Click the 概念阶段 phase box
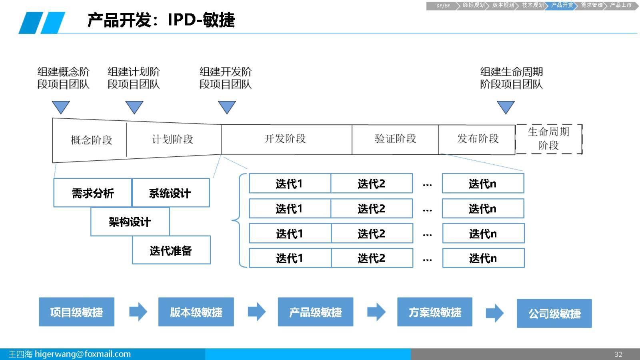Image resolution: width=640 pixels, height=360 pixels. click(x=91, y=140)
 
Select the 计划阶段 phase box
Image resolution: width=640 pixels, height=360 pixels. click(x=173, y=139)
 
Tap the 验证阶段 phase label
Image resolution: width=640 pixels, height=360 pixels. click(x=395, y=139)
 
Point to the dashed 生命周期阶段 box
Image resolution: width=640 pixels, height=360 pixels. click(x=548, y=139)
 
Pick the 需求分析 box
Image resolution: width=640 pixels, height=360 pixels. click(x=92, y=193)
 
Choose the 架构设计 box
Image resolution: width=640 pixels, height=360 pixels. click(x=130, y=222)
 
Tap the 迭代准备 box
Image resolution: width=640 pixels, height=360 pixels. click(x=171, y=250)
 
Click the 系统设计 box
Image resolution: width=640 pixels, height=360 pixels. click(x=170, y=193)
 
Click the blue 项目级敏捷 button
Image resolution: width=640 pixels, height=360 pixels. click(x=76, y=312)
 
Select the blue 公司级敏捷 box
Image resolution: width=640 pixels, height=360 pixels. click(x=554, y=314)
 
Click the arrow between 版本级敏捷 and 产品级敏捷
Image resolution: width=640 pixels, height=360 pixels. click(x=256, y=312)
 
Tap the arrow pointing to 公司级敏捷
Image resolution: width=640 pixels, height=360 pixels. click(x=494, y=313)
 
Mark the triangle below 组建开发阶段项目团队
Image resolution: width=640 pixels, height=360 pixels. click(x=227, y=107)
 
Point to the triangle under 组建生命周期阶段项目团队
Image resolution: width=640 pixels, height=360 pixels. click(x=505, y=107)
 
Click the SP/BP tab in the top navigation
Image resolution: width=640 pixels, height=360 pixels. click(x=443, y=6)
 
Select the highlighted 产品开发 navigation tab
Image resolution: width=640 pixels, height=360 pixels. click(x=562, y=5)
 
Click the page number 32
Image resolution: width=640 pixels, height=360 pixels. click(x=618, y=354)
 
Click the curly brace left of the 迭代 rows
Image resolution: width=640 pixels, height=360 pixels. click(x=236, y=220)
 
